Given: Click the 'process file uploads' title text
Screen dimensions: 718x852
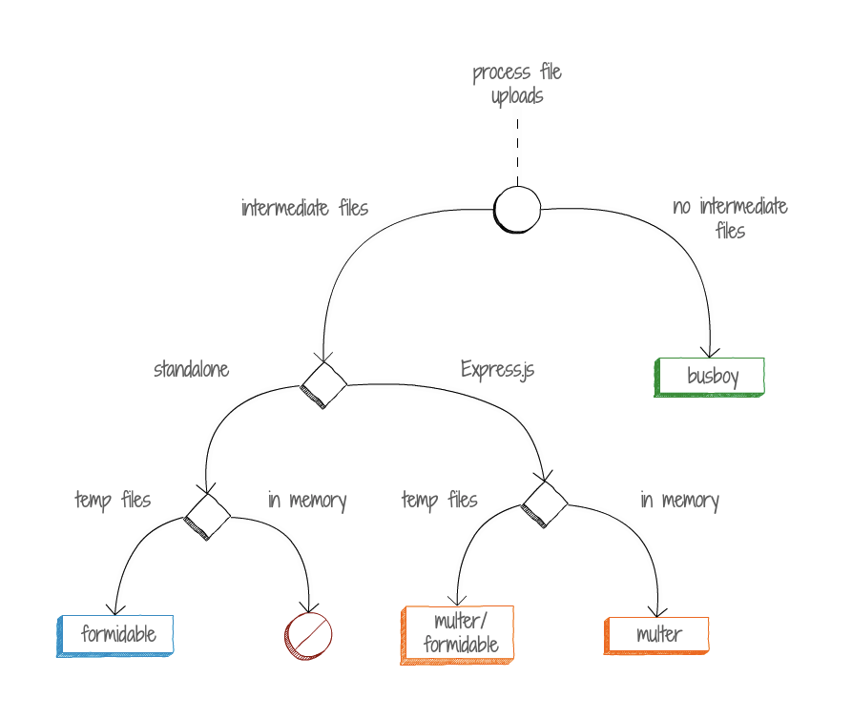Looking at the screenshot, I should [x=517, y=84].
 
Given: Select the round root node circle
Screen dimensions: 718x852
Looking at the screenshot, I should [x=517, y=209].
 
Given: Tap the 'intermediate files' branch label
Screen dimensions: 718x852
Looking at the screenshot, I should [x=304, y=208].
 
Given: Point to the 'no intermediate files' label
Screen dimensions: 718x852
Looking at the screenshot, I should [x=730, y=218].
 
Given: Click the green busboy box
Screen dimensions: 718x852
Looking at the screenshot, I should [x=711, y=377].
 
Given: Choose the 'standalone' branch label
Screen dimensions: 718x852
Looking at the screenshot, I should [x=192, y=369].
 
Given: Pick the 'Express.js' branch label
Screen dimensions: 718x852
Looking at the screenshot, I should [x=497, y=369].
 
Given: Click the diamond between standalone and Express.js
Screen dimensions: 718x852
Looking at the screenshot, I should [x=323, y=385].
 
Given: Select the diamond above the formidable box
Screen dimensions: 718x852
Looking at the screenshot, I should [x=207, y=517].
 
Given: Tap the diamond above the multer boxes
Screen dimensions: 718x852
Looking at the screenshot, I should [x=545, y=503].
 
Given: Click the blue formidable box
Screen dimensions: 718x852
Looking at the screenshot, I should [x=117, y=634].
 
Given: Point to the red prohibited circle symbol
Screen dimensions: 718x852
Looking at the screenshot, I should [x=308, y=636].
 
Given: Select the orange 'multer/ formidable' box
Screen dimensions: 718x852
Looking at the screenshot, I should [x=459, y=634].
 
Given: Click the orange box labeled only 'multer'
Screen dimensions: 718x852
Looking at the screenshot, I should [x=658, y=634].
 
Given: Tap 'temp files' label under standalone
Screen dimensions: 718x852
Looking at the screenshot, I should [x=113, y=500].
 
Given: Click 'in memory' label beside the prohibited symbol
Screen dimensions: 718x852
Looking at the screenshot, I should [x=306, y=500].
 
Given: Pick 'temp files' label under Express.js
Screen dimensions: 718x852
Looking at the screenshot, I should [x=439, y=500].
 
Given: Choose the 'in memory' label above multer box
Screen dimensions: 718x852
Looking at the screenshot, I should [x=679, y=500].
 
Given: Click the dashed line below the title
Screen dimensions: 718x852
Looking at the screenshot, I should [x=517, y=151].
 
